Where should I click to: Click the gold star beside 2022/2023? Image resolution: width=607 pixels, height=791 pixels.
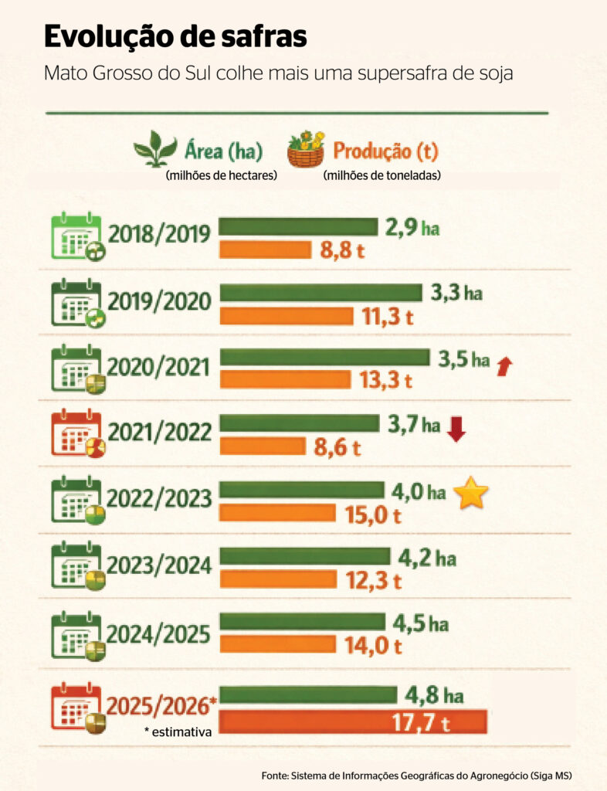coord(470,493)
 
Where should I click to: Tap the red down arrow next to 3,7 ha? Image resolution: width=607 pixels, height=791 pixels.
coord(456,428)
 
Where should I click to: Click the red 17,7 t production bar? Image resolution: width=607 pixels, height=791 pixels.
coord(353,721)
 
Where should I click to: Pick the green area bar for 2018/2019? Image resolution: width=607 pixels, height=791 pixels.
coord(298,226)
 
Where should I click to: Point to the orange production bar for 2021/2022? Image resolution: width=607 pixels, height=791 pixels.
coord(263,446)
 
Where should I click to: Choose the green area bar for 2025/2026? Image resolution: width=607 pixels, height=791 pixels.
coord(308,694)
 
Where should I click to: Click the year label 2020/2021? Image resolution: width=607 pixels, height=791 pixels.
coord(159,366)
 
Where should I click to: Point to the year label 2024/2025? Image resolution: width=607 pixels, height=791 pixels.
coord(159,634)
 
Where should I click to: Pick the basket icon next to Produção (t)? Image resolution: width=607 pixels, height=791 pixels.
coord(306,148)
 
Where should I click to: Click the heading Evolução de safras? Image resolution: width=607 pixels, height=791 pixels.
coord(175,36)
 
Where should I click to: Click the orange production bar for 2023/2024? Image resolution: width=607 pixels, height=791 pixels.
coord(278,579)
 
